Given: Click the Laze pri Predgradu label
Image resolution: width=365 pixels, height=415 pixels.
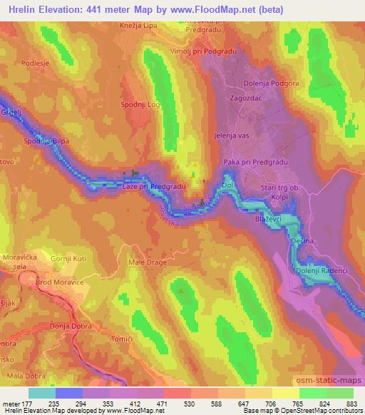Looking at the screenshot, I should click(155, 186).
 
